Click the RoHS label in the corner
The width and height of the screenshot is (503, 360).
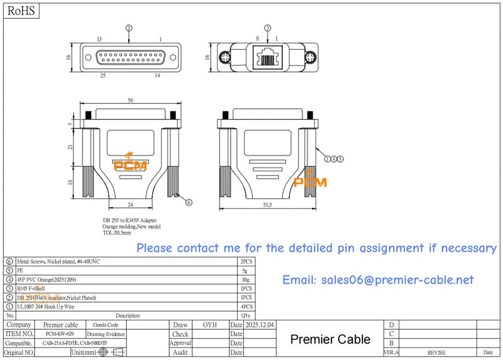click(21, 11)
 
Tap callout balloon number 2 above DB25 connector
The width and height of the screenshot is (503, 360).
click(129, 28)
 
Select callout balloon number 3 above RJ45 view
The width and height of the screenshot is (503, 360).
click(267, 28)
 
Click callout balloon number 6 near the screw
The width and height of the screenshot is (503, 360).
click(189, 202)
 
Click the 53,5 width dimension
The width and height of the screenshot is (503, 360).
click(267, 205)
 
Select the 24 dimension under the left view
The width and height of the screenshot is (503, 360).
click(130, 205)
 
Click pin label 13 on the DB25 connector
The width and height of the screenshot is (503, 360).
click(99, 39)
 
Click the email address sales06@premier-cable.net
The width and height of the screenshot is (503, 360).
click(378, 280)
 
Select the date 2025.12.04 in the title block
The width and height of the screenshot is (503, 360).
click(260, 325)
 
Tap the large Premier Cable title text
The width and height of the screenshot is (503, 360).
click(330, 339)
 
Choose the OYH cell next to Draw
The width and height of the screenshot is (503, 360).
click(209, 325)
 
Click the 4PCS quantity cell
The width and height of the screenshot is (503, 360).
click(246, 307)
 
